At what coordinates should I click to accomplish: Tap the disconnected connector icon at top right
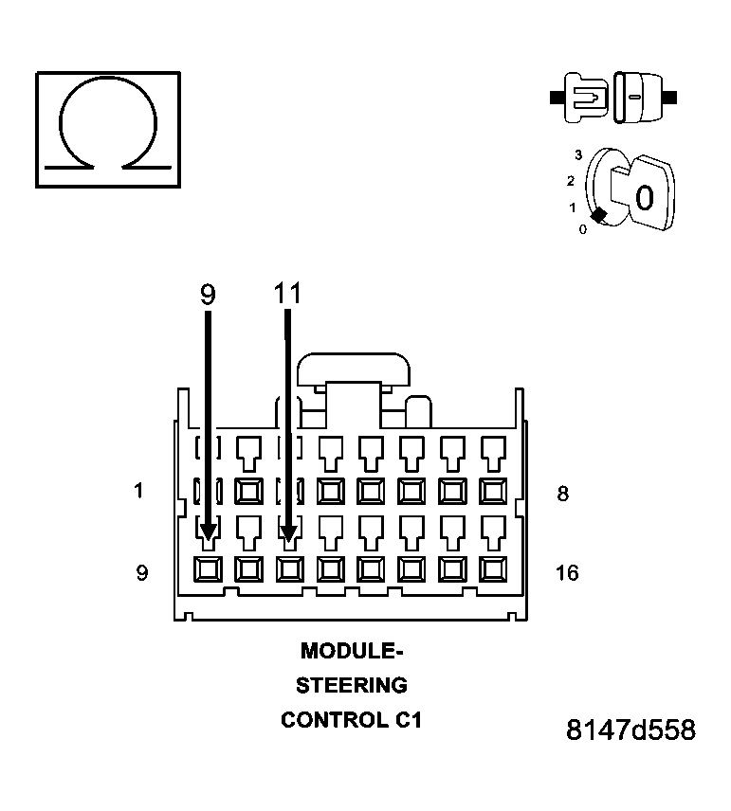pos(612,97)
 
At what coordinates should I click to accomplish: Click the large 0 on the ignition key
pos(645,198)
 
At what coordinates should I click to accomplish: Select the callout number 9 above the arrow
pos(208,295)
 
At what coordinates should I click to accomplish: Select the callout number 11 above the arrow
pos(287,295)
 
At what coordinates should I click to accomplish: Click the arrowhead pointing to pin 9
pos(208,532)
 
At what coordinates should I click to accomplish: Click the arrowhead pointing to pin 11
pos(289,532)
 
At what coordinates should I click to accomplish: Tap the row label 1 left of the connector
pos(139,491)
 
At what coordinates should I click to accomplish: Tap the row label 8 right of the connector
pos(562,494)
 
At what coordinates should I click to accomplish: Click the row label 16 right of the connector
pos(566,573)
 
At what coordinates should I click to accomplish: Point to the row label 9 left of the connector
pos(141,573)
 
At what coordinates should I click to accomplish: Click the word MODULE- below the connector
pos(351,652)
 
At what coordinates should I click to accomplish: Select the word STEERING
pos(351,685)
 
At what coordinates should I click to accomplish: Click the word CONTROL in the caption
pos(334,720)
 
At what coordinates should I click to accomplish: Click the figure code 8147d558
pos(630,730)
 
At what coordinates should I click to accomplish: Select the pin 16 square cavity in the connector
pos(493,569)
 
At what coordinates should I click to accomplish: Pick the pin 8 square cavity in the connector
pos(493,490)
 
